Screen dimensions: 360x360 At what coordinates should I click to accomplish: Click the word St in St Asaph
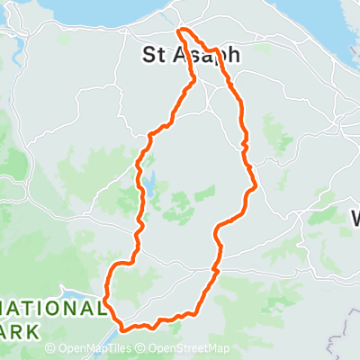click(x=157, y=55)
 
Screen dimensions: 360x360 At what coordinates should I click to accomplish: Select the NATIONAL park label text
click(x=51, y=308)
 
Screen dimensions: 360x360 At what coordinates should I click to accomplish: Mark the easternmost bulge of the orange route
click(x=256, y=187)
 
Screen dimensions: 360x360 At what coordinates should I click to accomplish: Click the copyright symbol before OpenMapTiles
click(x=50, y=349)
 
